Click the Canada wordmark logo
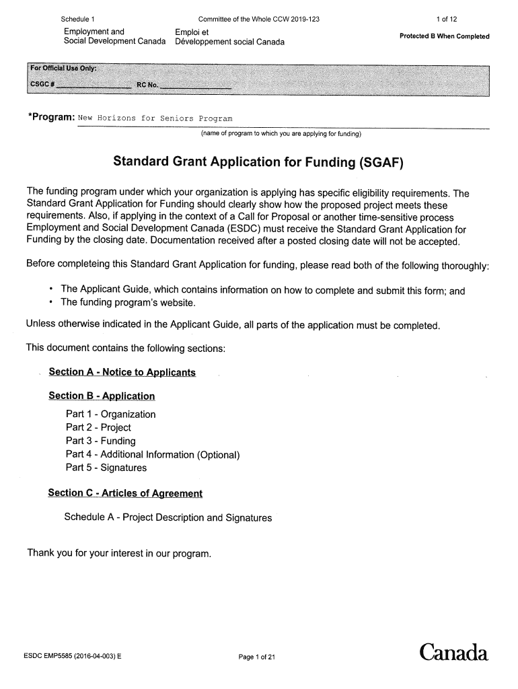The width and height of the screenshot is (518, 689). (x=453, y=653)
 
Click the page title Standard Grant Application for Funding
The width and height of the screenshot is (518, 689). (x=260, y=162)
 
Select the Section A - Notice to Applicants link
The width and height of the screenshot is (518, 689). (x=122, y=372)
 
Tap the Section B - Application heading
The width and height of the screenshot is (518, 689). (x=102, y=396)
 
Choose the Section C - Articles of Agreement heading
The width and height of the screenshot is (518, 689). (x=125, y=493)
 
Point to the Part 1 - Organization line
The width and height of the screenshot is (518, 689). (x=110, y=414)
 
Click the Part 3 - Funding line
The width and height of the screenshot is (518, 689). (x=100, y=441)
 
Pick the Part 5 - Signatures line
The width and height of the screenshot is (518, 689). (x=106, y=468)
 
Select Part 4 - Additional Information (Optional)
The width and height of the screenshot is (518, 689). (x=153, y=455)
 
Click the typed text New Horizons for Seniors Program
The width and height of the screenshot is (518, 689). (x=155, y=118)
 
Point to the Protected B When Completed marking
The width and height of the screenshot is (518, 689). (x=444, y=36)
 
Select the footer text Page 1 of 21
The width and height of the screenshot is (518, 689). (x=257, y=657)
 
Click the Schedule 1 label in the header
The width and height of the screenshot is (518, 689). (x=77, y=19)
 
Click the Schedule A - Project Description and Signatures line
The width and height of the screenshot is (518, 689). (x=168, y=518)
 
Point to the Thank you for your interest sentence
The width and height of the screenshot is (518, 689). (x=119, y=554)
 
